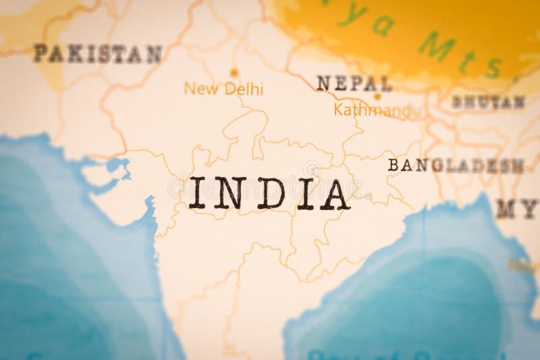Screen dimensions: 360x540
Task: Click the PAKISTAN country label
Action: (x=98, y=53)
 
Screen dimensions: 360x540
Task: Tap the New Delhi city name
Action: (x=223, y=88)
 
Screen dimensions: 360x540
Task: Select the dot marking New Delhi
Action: (x=234, y=72)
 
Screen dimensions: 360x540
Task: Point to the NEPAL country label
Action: (x=354, y=84)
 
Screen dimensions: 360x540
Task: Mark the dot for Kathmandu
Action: (x=377, y=96)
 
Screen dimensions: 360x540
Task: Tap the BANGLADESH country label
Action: (x=456, y=165)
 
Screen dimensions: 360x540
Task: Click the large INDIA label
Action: (x=269, y=193)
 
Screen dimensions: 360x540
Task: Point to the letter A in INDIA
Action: (x=333, y=194)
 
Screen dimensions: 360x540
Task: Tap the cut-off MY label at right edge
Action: (x=517, y=209)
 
